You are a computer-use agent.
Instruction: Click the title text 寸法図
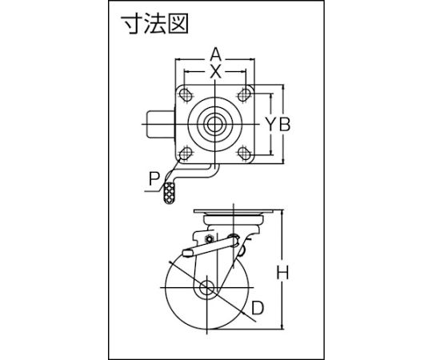(155, 24)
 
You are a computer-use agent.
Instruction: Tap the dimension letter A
(216, 54)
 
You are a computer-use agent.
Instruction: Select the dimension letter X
(216, 72)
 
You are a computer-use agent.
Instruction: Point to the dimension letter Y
(272, 124)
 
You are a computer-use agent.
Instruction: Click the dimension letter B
(285, 124)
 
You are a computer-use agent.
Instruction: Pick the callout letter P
(154, 178)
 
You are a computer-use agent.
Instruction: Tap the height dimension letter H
(282, 273)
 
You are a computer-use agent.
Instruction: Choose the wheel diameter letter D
(258, 308)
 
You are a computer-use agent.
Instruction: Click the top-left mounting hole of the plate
(186, 94)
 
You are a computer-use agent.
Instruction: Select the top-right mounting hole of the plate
(243, 94)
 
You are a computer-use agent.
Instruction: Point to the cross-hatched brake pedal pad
(169, 193)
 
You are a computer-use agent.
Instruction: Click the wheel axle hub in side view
(206, 287)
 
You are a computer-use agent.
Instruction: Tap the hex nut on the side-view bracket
(210, 238)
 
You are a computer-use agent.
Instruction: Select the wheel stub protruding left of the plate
(160, 125)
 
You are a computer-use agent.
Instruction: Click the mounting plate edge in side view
(233, 212)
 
